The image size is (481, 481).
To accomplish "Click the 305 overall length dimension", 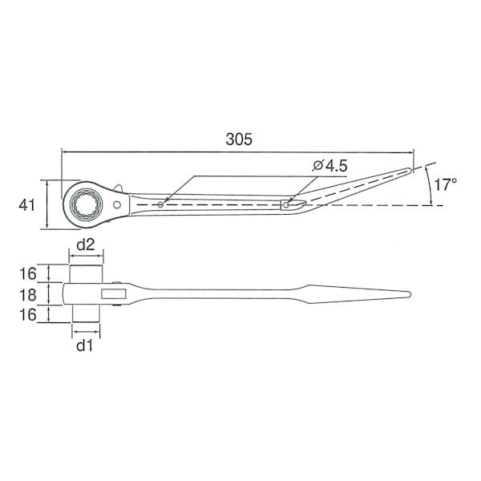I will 239,139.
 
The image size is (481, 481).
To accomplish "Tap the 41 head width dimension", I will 27,205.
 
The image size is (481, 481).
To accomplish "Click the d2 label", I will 86,244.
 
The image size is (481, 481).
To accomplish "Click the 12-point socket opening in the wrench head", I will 84,205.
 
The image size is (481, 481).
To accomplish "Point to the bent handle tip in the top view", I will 410,170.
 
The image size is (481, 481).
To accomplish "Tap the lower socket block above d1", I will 86,314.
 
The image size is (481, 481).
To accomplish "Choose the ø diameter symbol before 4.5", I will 317,166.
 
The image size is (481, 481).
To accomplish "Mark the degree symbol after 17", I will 455,180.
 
